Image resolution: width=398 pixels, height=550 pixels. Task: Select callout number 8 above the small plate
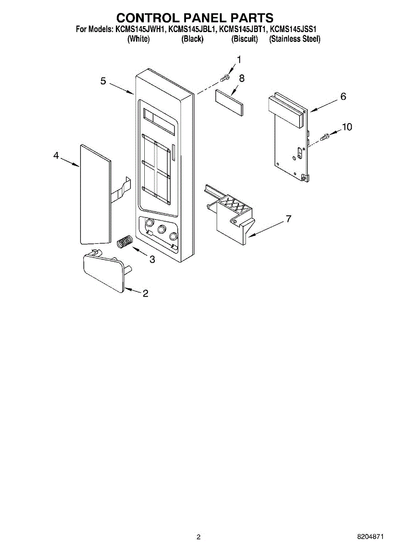pyautogui.click(x=241, y=78)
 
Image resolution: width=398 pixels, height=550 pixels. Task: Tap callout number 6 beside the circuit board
pyautogui.click(x=343, y=97)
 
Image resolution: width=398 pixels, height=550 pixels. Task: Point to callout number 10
pyautogui.click(x=347, y=127)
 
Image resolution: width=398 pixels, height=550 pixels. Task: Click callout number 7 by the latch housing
pyautogui.click(x=288, y=219)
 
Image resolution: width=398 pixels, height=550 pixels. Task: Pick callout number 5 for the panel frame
pyautogui.click(x=103, y=81)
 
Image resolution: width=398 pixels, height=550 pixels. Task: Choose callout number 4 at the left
pyautogui.click(x=56, y=156)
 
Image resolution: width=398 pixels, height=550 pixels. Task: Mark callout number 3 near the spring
pyautogui.click(x=152, y=259)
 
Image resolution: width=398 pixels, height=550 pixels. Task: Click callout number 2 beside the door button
pyautogui.click(x=145, y=294)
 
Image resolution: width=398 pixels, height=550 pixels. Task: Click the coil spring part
pyautogui.click(x=125, y=241)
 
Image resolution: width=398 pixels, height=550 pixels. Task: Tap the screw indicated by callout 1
pyautogui.click(x=224, y=78)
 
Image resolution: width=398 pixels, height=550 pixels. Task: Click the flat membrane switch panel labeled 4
pyautogui.click(x=95, y=194)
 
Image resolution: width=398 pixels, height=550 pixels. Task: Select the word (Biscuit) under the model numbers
pyautogui.click(x=245, y=39)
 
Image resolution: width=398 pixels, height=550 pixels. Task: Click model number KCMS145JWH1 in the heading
pyautogui.click(x=140, y=30)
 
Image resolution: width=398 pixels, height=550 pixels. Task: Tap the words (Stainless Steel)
pyautogui.click(x=294, y=39)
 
